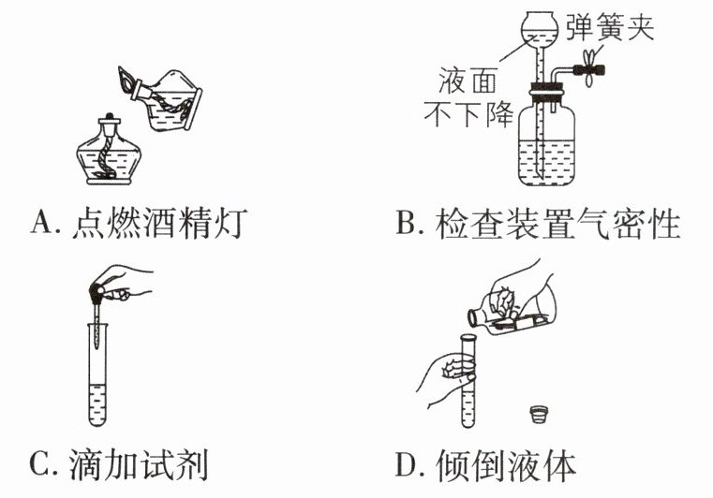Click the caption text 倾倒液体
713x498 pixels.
[505, 464]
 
